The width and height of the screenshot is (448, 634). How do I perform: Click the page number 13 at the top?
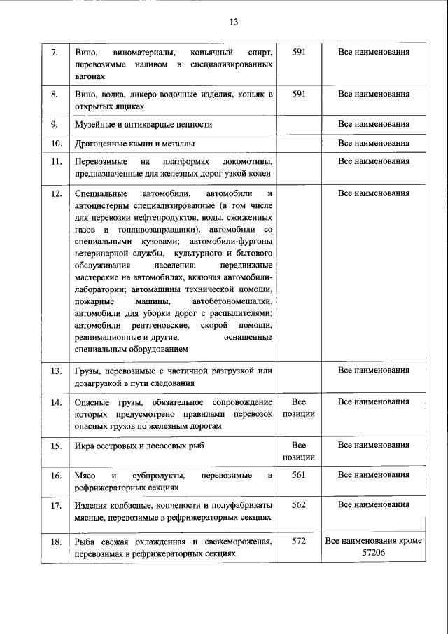point(234,22)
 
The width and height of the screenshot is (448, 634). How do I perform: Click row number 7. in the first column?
point(55,53)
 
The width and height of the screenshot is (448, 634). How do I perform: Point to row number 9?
point(55,125)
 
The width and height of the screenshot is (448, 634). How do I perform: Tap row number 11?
point(57,162)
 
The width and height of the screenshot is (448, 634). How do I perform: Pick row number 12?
point(57,193)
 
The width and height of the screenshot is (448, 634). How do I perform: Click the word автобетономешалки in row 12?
point(237,301)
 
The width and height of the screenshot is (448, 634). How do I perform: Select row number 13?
point(57,370)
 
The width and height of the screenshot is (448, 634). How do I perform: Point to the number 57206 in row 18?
point(374,553)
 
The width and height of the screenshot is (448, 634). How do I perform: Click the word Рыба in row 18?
point(85,542)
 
